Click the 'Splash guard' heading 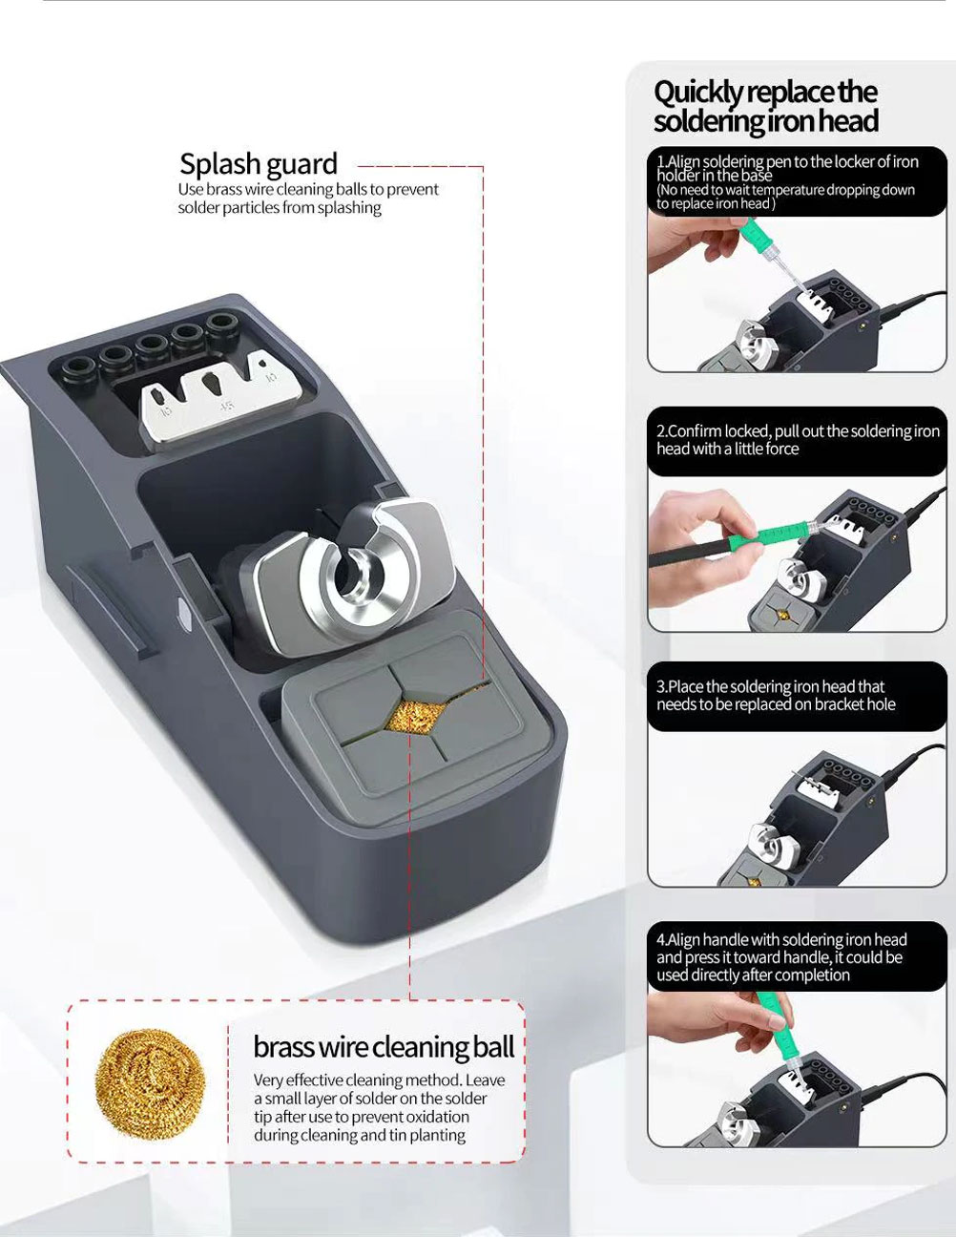click(259, 164)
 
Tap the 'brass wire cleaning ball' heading click(384, 1047)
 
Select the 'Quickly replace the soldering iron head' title click(765, 107)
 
